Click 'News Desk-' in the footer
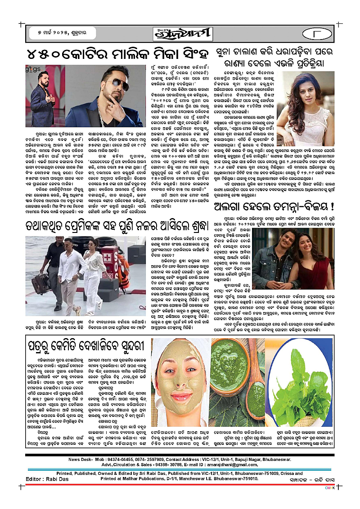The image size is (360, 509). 80,460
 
